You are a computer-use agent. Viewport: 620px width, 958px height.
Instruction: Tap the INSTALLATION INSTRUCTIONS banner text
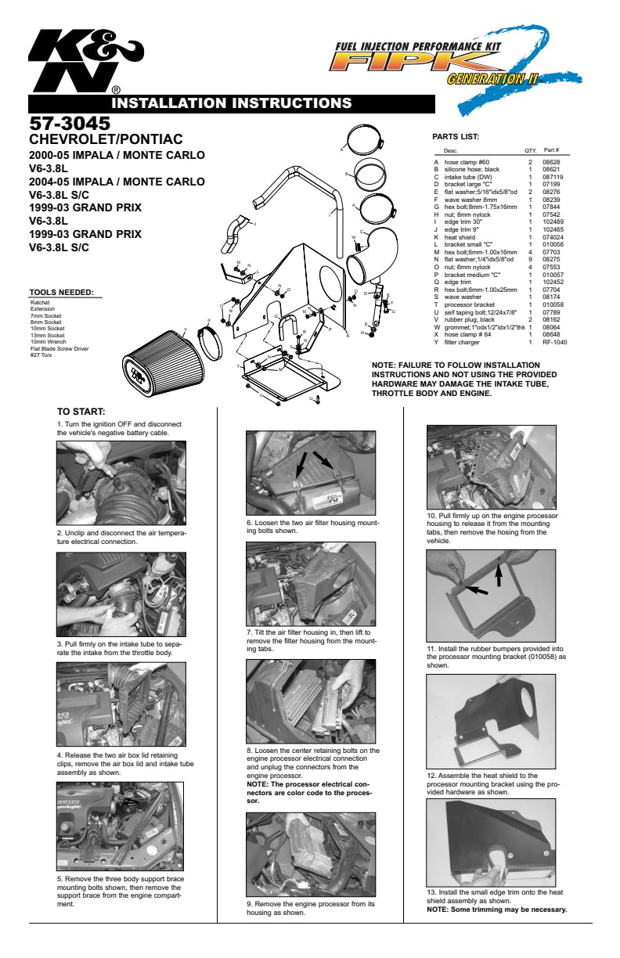[231, 103]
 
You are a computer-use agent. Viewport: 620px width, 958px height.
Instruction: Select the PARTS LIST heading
[456, 137]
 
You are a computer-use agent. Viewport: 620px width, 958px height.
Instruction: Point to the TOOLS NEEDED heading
[60, 294]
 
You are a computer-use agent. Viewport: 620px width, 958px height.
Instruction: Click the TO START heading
[81, 412]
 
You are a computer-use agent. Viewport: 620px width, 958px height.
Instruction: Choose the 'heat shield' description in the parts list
[461, 236]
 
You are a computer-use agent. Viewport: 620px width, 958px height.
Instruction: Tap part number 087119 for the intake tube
[553, 177]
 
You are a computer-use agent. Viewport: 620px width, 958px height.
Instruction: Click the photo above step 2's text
[121, 482]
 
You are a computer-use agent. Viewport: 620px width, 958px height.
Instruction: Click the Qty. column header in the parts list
[530, 150]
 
